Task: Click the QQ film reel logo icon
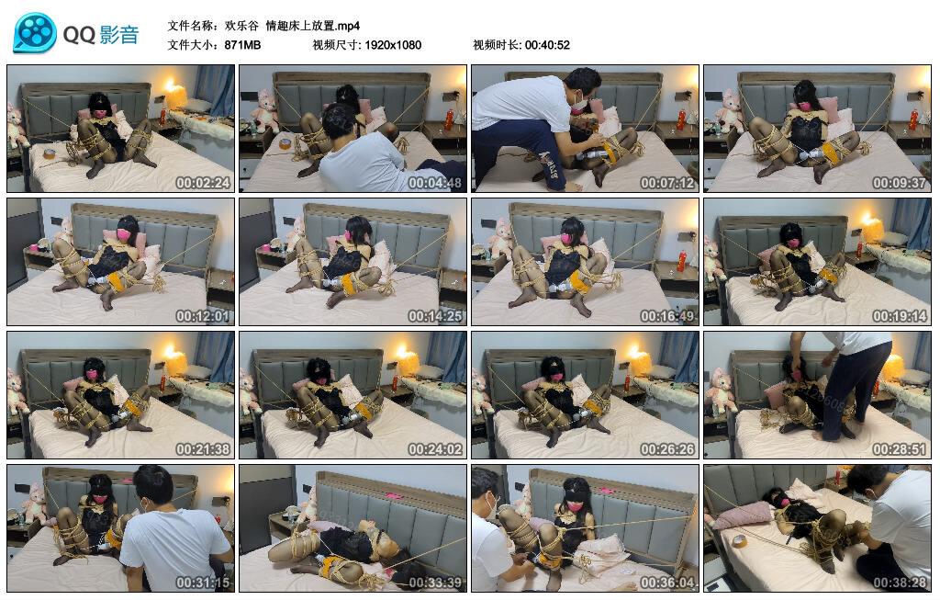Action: [35, 33]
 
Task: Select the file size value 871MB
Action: [242, 45]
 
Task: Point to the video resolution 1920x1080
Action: [393, 45]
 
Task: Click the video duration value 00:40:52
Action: [547, 45]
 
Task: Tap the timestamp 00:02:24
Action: [203, 183]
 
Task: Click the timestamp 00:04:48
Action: [435, 183]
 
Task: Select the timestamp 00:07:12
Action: [667, 183]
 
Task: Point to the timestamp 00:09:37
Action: [900, 183]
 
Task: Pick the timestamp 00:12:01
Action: [203, 316]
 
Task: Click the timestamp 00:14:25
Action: [435, 316]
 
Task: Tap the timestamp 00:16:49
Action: [667, 316]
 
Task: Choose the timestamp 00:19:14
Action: [900, 316]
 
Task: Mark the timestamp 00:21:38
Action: [203, 449]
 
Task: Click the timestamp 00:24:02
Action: [435, 449]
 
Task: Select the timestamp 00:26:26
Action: [667, 449]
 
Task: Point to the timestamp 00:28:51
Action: [900, 449]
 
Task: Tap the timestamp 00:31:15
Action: [203, 583]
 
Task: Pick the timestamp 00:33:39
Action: [435, 583]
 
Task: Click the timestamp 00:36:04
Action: [667, 583]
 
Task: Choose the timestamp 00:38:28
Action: [900, 583]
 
